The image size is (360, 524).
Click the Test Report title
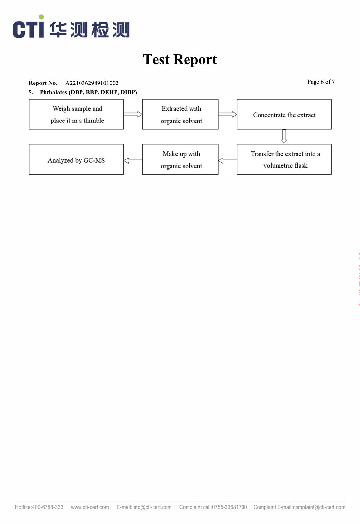180,59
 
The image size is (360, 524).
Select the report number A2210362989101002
92,83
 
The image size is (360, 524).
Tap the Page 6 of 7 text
321,82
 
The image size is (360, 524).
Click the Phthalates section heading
88,92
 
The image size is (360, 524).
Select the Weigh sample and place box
77,114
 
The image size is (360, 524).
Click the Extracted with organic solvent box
180,114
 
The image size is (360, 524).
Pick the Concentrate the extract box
284,114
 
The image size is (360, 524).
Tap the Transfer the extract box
284,159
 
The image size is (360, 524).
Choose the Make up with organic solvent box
180,159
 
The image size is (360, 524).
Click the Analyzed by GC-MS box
77,159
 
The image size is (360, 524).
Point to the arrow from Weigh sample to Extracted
133,114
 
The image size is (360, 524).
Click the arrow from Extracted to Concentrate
228,114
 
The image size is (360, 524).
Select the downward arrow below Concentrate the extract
284,136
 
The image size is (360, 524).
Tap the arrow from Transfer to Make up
228,161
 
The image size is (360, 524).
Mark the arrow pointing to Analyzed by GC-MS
133,161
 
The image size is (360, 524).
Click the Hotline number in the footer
47,507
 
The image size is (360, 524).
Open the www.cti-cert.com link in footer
90,507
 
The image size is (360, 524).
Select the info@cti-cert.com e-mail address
152,507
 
